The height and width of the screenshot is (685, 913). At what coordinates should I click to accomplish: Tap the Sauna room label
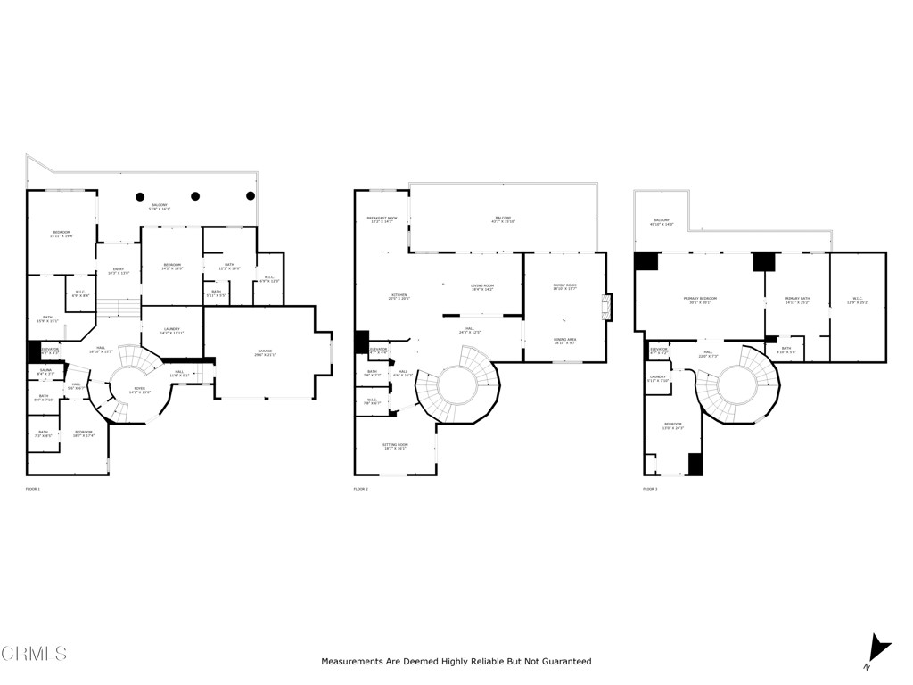pyautogui.click(x=45, y=372)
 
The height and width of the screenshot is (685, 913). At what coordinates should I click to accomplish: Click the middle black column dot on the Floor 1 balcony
pyautogui.click(x=195, y=196)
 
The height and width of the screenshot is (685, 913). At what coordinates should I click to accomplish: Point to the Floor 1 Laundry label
pyautogui.click(x=172, y=330)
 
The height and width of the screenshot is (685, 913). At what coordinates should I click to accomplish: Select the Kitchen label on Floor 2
pyautogui.click(x=398, y=296)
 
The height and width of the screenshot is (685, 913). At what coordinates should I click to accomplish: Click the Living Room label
pyautogui.click(x=481, y=287)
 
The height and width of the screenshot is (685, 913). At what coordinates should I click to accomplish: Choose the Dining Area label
pyautogui.click(x=564, y=341)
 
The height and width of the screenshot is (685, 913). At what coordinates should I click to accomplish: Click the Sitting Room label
pyautogui.click(x=394, y=446)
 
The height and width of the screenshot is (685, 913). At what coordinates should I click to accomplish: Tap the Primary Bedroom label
pyautogui.click(x=700, y=300)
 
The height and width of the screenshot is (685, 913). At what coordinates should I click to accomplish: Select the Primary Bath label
pyautogui.click(x=796, y=300)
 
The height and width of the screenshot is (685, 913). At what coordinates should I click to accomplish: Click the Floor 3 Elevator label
pyautogui.click(x=659, y=351)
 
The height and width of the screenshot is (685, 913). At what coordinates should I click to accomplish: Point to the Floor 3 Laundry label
pyautogui.click(x=658, y=378)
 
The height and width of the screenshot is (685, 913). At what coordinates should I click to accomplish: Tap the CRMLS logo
pyautogui.click(x=34, y=654)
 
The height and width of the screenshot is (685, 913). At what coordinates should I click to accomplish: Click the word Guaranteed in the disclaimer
pyautogui.click(x=563, y=662)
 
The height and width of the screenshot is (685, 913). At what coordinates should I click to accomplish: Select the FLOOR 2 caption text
pyautogui.click(x=361, y=489)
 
